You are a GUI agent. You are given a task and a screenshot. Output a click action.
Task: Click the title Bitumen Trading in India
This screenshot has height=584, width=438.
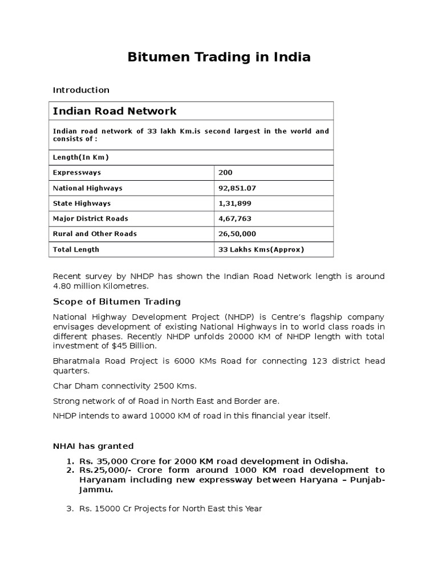tap(218, 57)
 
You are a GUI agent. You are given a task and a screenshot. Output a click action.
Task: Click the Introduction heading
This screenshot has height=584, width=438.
tap(81, 90)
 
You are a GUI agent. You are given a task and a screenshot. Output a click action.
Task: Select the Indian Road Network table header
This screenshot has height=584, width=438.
tap(115, 111)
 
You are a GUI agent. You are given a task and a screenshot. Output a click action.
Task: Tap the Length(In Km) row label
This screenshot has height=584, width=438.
tap(81, 157)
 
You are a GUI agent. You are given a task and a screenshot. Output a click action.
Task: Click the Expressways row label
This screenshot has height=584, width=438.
tap(77, 173)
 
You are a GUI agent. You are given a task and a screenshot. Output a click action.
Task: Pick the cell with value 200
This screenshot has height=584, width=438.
tap(225, 173)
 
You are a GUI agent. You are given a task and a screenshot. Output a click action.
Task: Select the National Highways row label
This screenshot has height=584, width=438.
tap(87, 188)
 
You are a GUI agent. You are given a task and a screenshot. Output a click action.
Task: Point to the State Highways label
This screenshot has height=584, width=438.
tap(82, 204)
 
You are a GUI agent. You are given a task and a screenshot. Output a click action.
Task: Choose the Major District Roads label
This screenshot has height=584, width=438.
tap(90, 219)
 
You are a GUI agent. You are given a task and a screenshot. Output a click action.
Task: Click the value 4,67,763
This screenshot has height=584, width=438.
tap(234, 219)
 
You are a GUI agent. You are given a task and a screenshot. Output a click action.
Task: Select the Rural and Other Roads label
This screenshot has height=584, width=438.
tap(95, 234)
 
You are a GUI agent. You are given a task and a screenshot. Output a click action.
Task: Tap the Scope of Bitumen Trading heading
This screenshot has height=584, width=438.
tap(116, 302)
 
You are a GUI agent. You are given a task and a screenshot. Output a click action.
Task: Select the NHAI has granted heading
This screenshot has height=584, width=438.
tap(93, 446)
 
